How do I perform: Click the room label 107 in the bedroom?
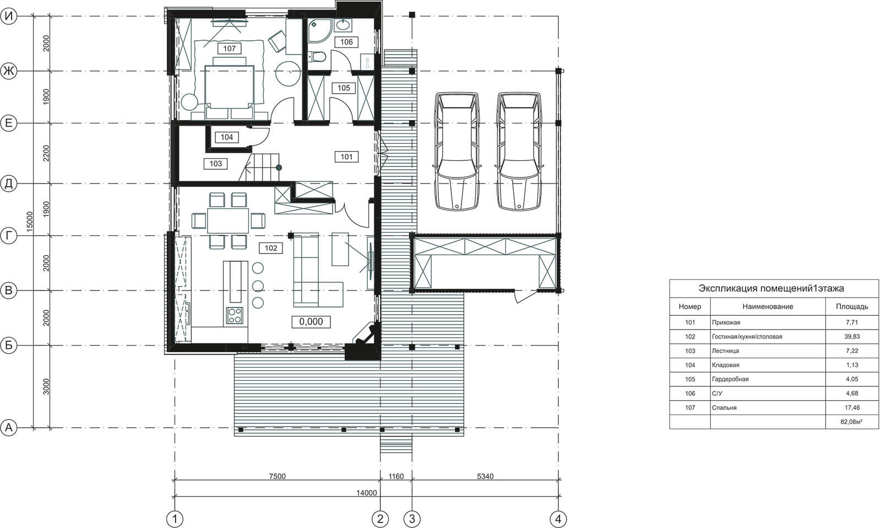[229, 49]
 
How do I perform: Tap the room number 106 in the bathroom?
[346, 42]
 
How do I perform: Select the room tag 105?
[344, 88]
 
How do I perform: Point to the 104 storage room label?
[226, 137]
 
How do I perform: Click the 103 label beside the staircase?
[215, 163]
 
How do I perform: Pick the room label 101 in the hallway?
[346, 157]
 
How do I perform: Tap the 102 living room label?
[271, 248]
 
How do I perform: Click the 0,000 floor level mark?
[311, 322]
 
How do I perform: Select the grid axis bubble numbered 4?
[558, 519]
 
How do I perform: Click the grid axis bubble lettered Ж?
[9, 71]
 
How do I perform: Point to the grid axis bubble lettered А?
[9, 428]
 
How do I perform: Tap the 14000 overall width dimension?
[367, 493]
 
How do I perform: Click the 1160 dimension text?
[396, 476]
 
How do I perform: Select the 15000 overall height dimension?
[30, 222]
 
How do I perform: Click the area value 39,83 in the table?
[852, 337]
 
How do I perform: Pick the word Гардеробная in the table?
[730, 379]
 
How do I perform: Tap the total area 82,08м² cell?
[851, 422]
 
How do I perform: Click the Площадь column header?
[852, 306]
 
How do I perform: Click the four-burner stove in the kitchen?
[235, 316]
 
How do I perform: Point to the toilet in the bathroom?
[317, 57]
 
